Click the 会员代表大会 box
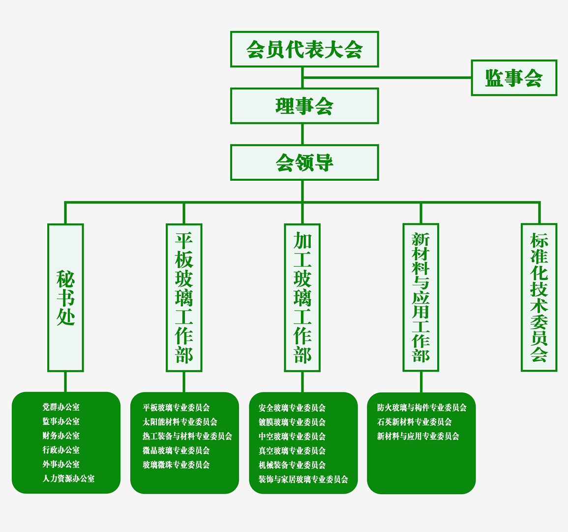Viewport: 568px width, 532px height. [304, 49]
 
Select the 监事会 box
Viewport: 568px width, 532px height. [514, 78]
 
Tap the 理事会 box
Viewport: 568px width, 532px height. [304, 106]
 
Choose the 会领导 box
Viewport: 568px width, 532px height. [304, 162]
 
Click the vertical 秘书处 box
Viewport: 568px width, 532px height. [65, 298]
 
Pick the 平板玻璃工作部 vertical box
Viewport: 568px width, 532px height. [184, 298]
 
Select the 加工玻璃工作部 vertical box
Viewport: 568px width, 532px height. [302, 298]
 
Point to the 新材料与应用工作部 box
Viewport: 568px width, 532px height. [421, 298]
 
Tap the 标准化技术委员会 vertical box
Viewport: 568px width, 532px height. [539, 298]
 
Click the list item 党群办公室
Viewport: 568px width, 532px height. [61, 407]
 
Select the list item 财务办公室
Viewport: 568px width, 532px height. [61, 436]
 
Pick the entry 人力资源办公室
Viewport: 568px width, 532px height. [68, 478]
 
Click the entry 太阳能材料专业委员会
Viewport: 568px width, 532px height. [180, 421]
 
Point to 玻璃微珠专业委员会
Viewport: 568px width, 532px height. [176, 465]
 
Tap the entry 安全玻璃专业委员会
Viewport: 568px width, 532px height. [292, 408]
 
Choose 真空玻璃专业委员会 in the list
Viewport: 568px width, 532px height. [292, 450]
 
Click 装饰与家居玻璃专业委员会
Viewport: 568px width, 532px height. [303, 479]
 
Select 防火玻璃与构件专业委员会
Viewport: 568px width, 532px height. [422, 407]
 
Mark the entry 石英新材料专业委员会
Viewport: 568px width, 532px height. [415, 421]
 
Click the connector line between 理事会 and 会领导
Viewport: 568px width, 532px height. [302, 134]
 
